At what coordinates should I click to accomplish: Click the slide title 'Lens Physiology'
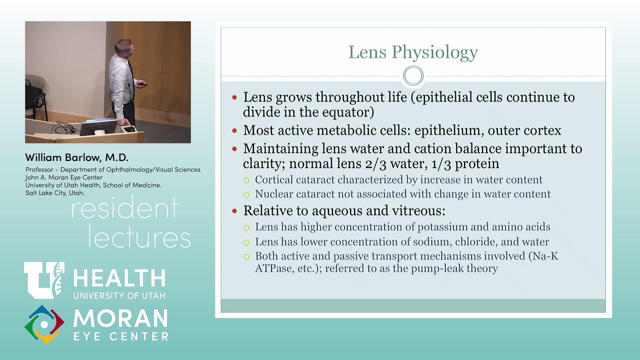(x=413, y=52)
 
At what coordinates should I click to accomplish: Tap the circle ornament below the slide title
(x=413, y=76)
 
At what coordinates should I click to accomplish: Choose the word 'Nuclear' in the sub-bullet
(x=273, y=194)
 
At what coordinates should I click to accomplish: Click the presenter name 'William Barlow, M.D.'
(x=76, y=157)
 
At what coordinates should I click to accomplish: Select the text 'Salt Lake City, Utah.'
(x=55, y=193)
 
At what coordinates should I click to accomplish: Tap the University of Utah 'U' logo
(x=44, y=279)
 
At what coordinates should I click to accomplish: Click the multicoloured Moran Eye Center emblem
(x=44, y=324)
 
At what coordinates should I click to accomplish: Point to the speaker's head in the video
(x=122, y=47)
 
